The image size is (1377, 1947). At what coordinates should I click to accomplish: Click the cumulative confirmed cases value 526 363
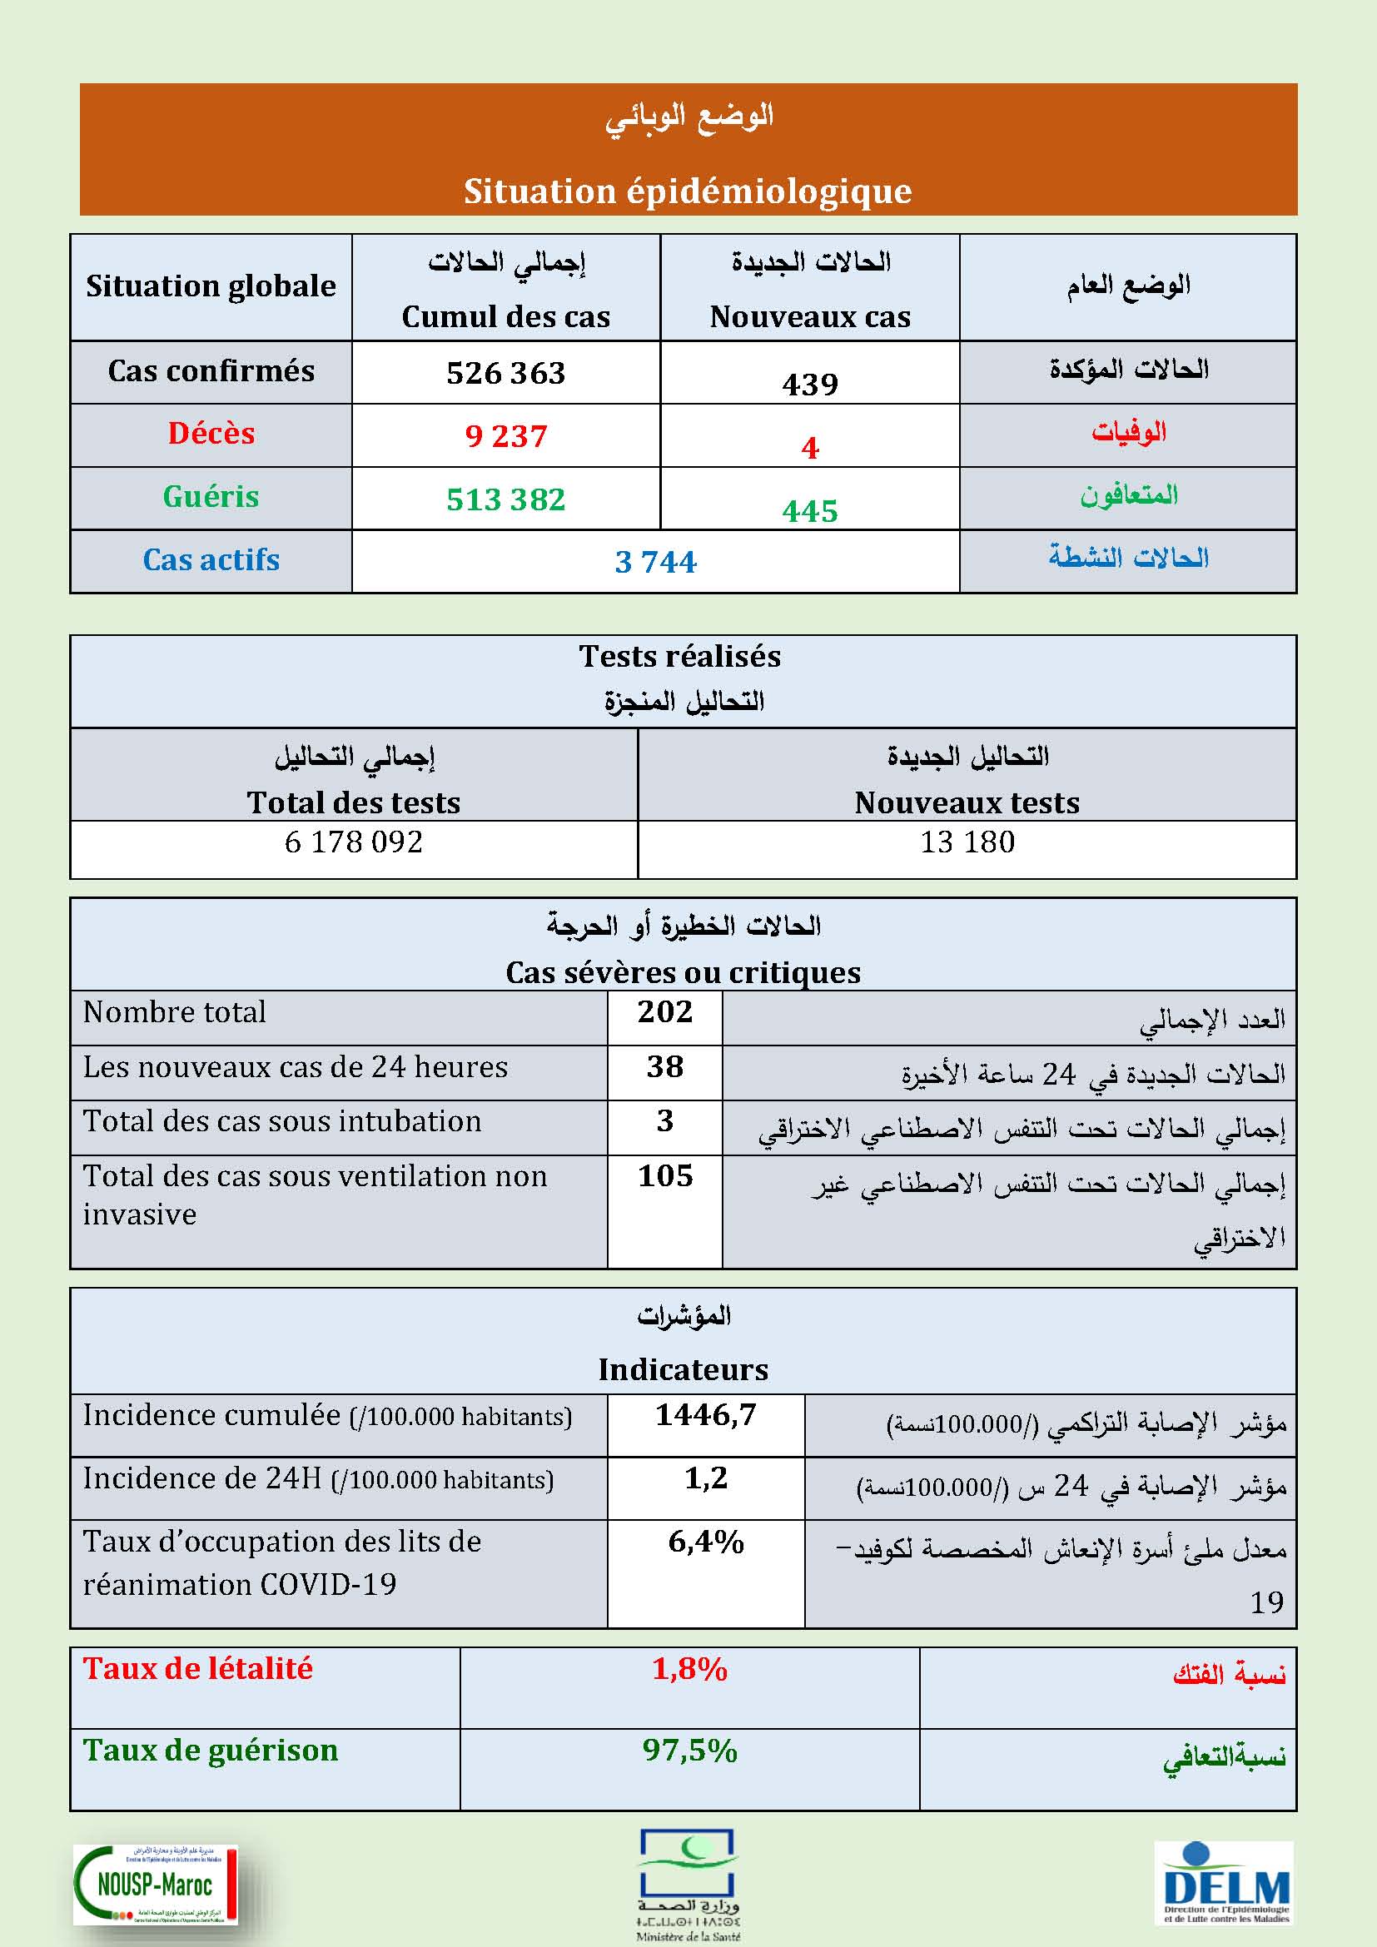[505, 373]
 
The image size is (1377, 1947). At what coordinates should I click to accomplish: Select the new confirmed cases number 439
[810, 384]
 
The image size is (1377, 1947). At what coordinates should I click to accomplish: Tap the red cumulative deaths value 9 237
[505, 436]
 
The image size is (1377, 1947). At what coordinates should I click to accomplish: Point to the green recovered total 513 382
[505, 499]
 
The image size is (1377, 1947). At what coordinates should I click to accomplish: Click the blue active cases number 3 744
[655, 561]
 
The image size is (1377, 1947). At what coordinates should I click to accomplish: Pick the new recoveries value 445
[810, 510]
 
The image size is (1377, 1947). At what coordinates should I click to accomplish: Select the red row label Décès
[211, 434]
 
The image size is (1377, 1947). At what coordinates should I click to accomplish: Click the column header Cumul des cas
[505, 316]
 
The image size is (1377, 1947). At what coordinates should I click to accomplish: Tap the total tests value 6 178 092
[354, 842]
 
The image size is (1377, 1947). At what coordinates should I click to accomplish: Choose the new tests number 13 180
[967, 842]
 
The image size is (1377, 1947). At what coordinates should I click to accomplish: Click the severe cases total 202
[664, 1011]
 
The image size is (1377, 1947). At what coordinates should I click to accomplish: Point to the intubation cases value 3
[664, 1120]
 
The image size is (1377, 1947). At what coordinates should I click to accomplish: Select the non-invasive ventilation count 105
[664, 1175]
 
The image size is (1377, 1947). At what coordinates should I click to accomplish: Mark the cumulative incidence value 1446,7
[705, 1414]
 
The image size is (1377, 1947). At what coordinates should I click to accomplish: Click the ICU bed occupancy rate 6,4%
[705, 1542]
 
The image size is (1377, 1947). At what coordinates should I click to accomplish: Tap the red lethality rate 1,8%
[689, 1670]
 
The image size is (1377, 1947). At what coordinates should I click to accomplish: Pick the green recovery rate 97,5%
[689, 1751]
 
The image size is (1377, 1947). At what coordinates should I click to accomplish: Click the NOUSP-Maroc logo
[155, 1885]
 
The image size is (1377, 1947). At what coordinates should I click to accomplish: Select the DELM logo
[1225, 1883]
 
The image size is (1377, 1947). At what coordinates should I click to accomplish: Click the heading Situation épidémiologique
[688, 191]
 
